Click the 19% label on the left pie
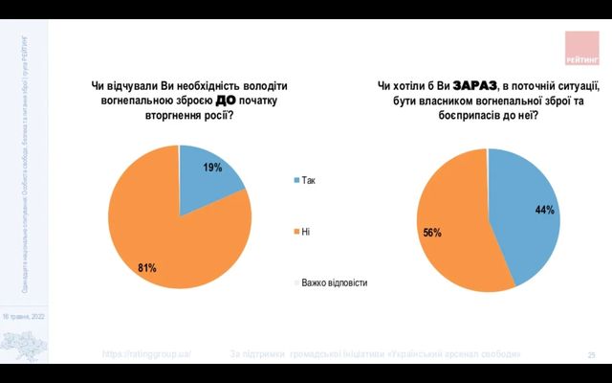[x=212, y=168]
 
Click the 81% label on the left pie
[x=146, y=268]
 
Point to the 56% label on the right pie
[x=432, y=233]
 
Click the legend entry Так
[x=309, y=180]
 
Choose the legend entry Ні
[x=306, y=232]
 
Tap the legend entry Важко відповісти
[x=334, y=282]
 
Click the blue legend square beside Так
[x=296, y=180]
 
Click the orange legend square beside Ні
[x=296, y=232]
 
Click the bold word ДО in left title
[x=226, y=100]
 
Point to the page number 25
[x=592, y=355]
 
